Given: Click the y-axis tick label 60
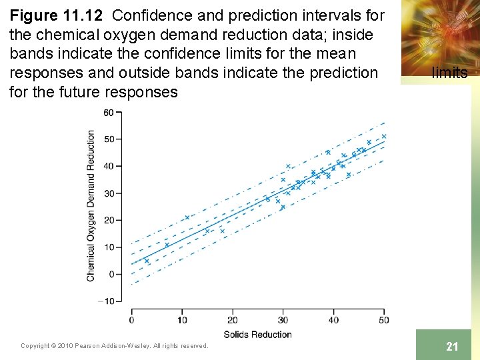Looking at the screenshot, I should tap(108, 112).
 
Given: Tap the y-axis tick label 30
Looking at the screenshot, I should tap(108, 193).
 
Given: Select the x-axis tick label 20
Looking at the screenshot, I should tap(233, 320).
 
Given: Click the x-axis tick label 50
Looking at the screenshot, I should tap(384, 320).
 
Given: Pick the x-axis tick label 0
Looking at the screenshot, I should tap(131, 320).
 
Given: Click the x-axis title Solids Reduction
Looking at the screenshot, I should tap(257, 334).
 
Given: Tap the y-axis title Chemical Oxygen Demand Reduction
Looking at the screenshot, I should tap(91, 205).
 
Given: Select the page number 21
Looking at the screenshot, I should tap(452, 346).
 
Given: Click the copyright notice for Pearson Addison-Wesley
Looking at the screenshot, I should tap(115, 345).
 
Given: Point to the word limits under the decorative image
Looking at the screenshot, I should tap(449, 73).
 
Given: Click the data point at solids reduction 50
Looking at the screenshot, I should tap(384, 136).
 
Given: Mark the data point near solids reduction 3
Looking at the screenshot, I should tap(147, 261).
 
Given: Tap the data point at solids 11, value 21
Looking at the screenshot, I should tap(187, 217).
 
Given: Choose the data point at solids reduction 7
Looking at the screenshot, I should tap(167, 245).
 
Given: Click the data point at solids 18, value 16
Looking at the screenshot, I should tap(222, 231).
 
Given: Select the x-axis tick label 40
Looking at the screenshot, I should tap(333, 320).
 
